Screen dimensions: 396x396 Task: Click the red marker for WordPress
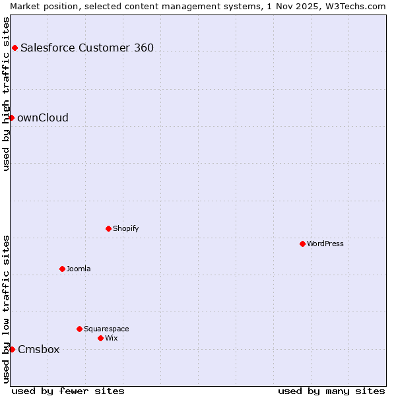click(x=302, y=244)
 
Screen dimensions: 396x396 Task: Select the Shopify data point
click(x=108, y=228)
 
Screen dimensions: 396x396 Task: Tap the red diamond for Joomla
click(x=62, y=269)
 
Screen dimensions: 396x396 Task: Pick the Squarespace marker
click(x=79, y=329)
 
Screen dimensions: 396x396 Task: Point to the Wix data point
click(x=100, y=338)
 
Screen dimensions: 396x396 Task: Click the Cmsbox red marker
click(x=12, y=349)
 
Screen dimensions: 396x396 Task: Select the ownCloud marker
click(x=11, y=117)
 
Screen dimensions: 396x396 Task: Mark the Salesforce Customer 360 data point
click(x=15, y=48)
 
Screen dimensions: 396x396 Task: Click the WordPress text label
click(x=325, y=244)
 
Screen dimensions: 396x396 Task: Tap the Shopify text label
click(x=125, y=228)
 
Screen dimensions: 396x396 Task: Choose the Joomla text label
click(x=79, y=269)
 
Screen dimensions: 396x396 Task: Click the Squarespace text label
click(x=106, y=329)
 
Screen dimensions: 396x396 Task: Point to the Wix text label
click(x=111, y=338)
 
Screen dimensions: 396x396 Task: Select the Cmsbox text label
click(x=38, y=349)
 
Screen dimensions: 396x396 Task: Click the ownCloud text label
click(x=43, y=117)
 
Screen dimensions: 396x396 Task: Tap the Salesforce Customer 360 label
click(x=87, y=48)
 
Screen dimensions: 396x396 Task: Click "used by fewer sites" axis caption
click(x=68, y=391)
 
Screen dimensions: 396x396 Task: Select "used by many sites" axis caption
click(x=331, y=391)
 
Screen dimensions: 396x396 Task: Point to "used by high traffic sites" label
click(x=6, y=94)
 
